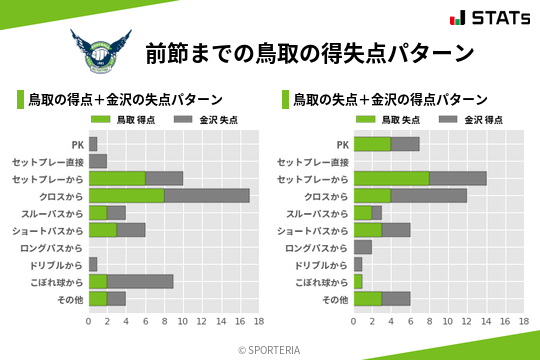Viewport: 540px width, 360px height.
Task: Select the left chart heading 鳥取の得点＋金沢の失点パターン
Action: click(x=124, y=100)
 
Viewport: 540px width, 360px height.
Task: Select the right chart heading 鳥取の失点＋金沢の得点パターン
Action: click(x=390, y=100)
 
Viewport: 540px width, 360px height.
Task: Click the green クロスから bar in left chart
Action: click(x=126, y=196)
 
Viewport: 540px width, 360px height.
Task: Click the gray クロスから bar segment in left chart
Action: click(x=206, y=196)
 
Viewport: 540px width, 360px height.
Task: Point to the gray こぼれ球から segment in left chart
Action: click(x=140, y=282)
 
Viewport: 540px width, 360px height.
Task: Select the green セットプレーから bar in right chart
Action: click(x=391, y=178)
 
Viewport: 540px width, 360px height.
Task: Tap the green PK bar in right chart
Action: click(x=372, y=144)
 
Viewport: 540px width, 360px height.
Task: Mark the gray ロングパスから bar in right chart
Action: click(x=363, y=247)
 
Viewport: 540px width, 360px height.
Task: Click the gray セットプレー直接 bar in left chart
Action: click(x=97, y=161)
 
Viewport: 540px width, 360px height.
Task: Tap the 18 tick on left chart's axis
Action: click(x=258, y=321)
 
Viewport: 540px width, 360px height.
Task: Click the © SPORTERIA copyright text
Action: click(x=270, y=349)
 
